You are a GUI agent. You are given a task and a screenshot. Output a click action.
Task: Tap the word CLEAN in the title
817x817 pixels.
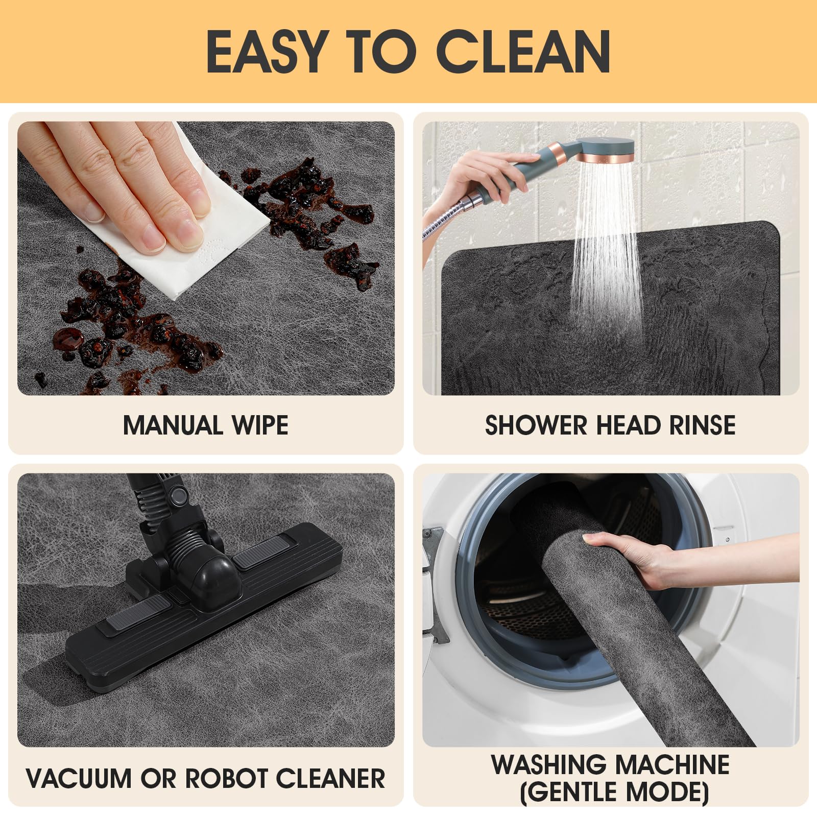tap(523, 51)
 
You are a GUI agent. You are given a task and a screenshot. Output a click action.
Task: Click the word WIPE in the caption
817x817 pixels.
tap(260, 425)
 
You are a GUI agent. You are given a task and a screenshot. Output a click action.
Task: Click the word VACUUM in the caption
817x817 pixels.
tap(81, 778)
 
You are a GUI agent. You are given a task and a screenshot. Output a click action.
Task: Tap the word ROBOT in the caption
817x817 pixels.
tap(227, 778)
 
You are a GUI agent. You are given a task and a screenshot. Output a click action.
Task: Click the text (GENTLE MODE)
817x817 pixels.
tap(614, 792)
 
